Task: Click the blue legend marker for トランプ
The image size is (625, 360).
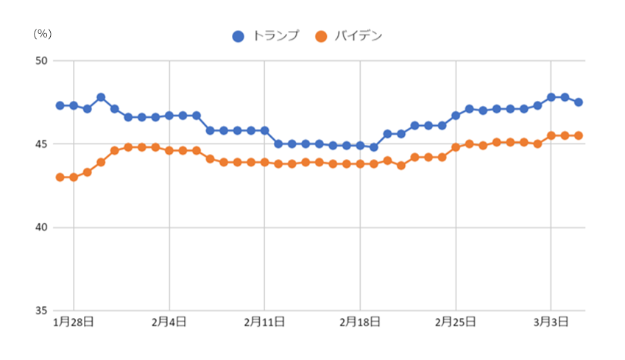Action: pos(238,36)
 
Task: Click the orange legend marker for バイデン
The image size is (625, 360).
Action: pos(320,36)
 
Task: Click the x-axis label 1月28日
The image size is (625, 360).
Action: pos(72,322)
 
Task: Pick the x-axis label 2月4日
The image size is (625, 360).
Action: pos(169,322)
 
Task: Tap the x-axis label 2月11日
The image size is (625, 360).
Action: pos(264,322)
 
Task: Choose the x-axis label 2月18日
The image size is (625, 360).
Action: pos(360,322)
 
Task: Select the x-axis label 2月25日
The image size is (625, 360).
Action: pos(456,322)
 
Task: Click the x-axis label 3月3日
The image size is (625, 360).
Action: pos(551,322)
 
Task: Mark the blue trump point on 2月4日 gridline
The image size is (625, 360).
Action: pos(169,116)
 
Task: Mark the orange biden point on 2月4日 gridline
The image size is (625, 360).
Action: pos(169,150)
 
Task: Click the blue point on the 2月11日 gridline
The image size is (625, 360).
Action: pos(264,130)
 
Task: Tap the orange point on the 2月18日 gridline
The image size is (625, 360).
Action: pos(360,163)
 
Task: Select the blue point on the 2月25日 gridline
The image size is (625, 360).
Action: pos(456,116)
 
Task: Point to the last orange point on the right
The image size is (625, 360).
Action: pos(579,135)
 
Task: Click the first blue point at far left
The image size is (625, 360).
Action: pos(60,105)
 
